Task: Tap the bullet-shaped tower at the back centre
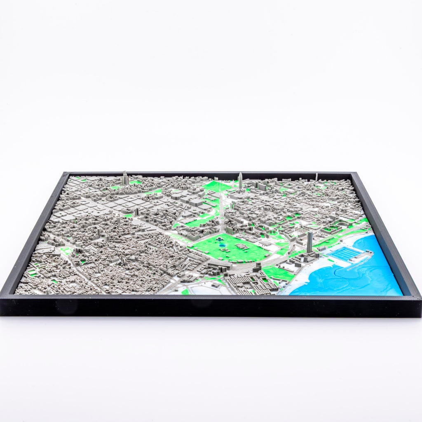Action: point(240,181)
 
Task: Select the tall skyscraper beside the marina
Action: point(309,242)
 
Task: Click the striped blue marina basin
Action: point(345,254)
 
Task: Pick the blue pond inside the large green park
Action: point(223,245)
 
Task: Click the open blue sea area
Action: point(363,280)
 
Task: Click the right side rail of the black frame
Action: point(385,231)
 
